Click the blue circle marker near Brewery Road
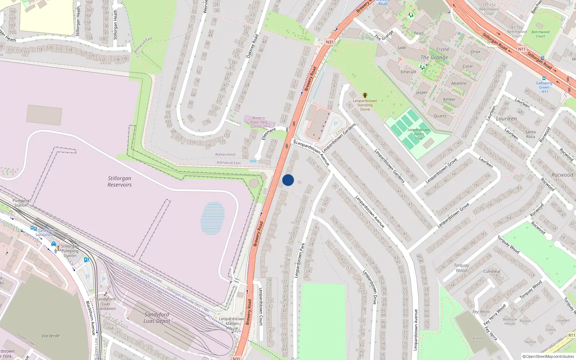click(x=288, y=180)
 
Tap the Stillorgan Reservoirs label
click(x=120, y=181)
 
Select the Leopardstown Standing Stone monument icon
click(x=365, y=95)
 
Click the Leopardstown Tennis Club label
click(x=419, y=134)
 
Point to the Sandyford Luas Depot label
click(x=157, y=318)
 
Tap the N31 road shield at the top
click(x=329, y=42)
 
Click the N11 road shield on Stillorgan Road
click(x=522, y=49)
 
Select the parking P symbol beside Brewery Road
click(x=336, y=124)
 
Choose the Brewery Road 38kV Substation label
click(x=258, y=122)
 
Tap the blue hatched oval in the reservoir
click(x=212, y=218)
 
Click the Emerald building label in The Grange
click(x=408, y=72)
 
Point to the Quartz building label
click(x=440, y=116)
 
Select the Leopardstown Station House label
click(x=232, y=323)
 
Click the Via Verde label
click(x=51, y=336)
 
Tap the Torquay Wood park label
click(x=461, y=268)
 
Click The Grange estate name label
click(x=434, y=58)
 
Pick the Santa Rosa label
click(x=530, y=134)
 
